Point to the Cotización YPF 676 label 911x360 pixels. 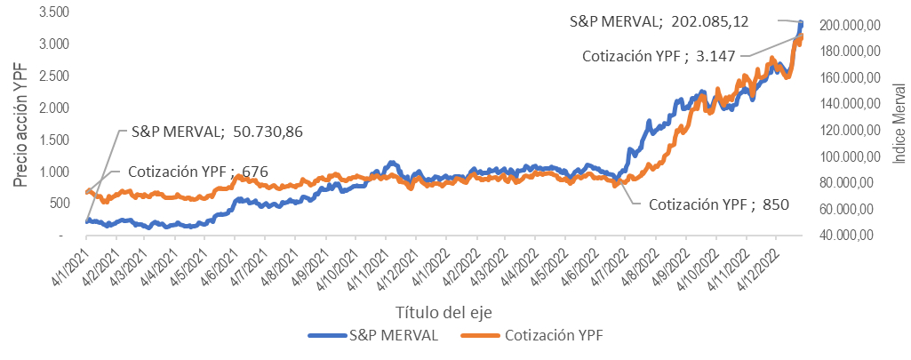[x=198, y=172]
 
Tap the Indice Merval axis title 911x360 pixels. [x=899, y=123]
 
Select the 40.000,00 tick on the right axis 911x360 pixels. [x=850, y=236]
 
